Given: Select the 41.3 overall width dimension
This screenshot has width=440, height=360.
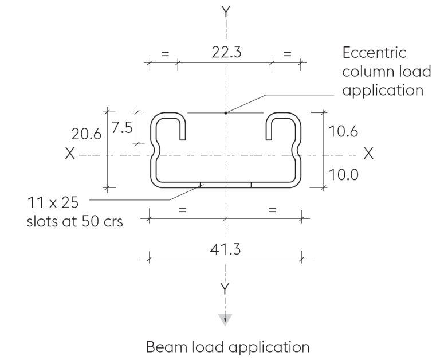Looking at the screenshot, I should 226,250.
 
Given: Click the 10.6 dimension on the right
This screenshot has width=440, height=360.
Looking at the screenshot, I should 344,131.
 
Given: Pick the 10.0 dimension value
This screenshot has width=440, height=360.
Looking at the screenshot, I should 344,174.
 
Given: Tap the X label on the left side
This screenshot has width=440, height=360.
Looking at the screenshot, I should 69,155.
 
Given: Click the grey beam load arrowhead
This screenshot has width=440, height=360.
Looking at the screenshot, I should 226,319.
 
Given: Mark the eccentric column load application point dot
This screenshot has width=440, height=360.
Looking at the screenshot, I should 226,113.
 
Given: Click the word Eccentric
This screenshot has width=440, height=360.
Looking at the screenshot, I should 374,53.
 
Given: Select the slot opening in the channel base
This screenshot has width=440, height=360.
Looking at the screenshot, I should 226,185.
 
